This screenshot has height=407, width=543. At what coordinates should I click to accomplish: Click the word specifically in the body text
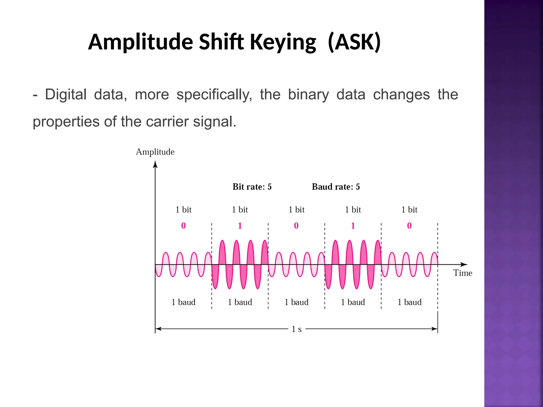(214, 95)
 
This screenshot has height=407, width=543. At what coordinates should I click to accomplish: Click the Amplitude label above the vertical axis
(155, 152)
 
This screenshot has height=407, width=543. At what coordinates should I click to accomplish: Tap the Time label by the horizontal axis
(463, 273)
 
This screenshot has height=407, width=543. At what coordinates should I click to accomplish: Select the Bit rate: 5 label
(252, 187)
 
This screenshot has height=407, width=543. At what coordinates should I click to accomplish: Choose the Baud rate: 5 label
(336, 187)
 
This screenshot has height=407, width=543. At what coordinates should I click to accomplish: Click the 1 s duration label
(297, 329)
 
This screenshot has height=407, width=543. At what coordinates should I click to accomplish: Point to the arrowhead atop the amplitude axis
(155, 165)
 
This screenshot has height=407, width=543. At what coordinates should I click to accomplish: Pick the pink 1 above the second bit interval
(240, 226)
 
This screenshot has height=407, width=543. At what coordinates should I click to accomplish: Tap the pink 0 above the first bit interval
(183, 226)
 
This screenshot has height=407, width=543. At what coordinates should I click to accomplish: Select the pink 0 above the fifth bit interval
(409, 226)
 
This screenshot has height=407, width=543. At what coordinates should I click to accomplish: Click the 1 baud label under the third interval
(296, 302)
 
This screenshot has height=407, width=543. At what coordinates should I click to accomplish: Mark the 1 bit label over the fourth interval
(353, 210)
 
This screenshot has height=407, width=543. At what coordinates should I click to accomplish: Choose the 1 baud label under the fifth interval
(409, 302)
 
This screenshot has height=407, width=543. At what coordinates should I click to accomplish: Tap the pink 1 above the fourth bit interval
(353, 226)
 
